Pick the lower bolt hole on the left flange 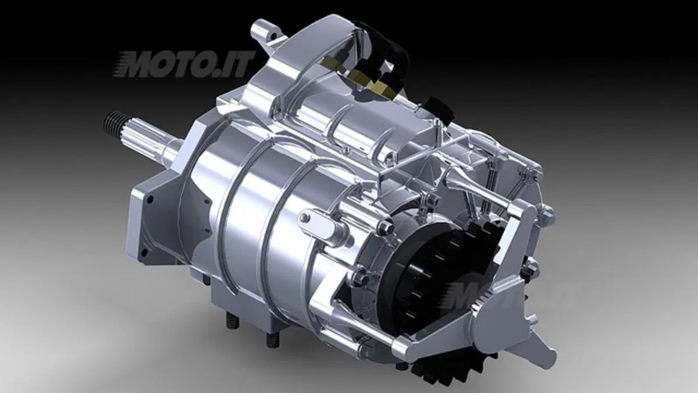click(x=144, y=251)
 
